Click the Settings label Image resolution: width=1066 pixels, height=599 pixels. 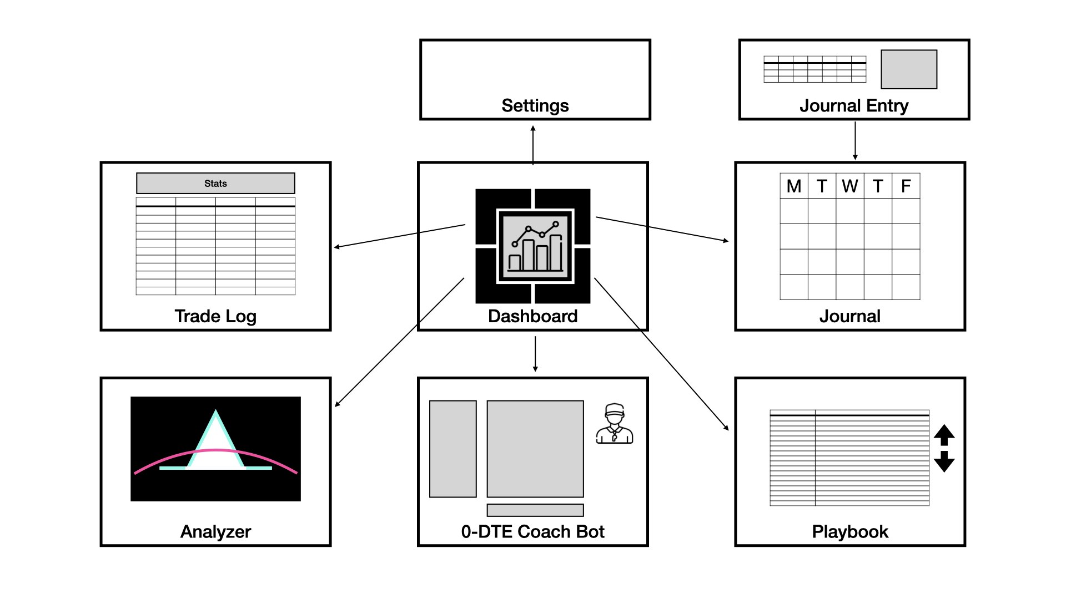535,105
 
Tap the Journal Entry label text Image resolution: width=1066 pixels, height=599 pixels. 854,105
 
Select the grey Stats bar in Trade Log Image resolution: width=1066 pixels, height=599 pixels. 215,183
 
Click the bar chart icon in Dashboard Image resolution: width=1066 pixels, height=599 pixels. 535,246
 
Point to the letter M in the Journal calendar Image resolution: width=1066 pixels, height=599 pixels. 794,186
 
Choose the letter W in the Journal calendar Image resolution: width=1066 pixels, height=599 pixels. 850,186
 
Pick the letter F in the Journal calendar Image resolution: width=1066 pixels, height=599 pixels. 906,186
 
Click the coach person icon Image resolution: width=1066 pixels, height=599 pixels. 614,423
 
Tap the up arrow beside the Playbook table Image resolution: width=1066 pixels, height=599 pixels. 944,435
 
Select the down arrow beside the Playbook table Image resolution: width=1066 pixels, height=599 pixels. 944,461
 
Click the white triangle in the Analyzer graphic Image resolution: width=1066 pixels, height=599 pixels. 215,444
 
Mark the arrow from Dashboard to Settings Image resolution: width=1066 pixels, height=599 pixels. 533,145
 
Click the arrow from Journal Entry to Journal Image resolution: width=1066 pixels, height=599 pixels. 855,141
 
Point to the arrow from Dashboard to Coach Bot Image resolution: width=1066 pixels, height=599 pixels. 535,354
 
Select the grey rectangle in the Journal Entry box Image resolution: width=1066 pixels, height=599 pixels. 909,69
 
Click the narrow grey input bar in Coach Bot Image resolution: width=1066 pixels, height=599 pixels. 535,510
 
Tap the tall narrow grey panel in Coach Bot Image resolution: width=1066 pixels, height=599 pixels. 453,449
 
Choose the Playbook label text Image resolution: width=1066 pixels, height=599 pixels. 850,531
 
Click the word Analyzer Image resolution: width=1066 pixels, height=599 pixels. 215,531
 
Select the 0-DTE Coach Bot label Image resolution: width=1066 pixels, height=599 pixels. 533,531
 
